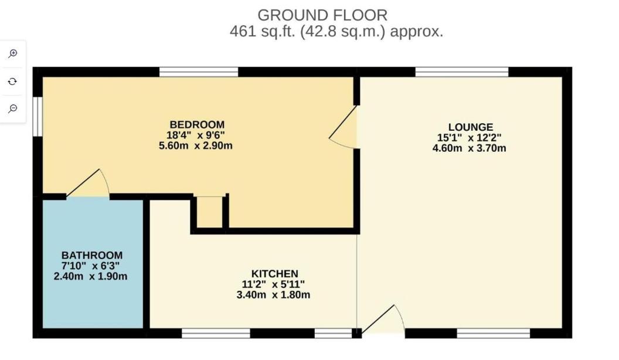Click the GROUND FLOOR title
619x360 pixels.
[322, 15]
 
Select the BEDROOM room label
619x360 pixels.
[197, 125]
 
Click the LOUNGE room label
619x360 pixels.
[471, 127]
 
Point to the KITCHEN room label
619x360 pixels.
[275, 274]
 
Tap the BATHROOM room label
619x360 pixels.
[92, 255]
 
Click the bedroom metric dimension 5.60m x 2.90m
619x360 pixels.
[196, 145]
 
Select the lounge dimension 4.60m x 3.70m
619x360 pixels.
[470, 148]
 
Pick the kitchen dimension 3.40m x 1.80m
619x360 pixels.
[273, 295]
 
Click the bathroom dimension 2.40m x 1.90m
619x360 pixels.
[90, 276]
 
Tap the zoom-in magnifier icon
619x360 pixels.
[13, 53]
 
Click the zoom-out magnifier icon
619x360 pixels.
[13, 108]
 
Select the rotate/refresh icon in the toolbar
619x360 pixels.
[13, 81]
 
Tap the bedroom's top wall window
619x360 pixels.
[199, 72]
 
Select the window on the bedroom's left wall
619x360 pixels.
[38, 117]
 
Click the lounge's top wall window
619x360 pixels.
[462, 72]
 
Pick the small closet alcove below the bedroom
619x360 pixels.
[209, 212]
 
